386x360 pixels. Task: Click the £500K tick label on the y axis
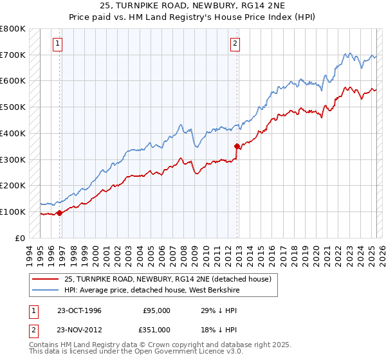(13, 107)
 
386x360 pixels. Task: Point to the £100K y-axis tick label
(13, 212)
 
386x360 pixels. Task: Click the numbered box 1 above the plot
(57, 44)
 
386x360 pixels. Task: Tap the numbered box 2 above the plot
(235, 44)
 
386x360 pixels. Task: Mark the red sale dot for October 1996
(60, 213)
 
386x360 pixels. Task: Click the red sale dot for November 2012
(237, 146)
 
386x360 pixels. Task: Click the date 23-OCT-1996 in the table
(78, 310)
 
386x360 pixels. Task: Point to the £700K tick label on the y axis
(13, 55)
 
